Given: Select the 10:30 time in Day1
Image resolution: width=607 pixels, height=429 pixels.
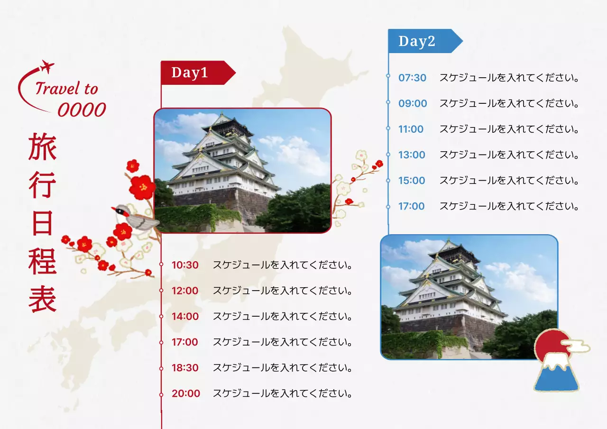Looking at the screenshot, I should pos(185,265).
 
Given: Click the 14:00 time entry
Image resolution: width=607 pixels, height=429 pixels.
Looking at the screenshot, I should pos(185,316).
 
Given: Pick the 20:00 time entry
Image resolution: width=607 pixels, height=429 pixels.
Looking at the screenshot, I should pos(185,393).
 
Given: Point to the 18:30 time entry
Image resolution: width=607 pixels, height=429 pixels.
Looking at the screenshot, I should pos(185,368).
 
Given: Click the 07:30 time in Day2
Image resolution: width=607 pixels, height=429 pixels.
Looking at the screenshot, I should pos(412,78).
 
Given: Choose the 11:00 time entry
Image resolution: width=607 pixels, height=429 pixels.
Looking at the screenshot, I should pos(411,129).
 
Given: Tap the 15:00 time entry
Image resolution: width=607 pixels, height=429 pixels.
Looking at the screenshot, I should pos(412,181).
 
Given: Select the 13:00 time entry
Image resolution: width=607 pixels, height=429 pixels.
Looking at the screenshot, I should pos(412,155).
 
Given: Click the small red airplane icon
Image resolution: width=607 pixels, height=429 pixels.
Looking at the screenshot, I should pos(47,67).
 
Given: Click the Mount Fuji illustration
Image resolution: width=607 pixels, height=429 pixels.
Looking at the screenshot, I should pos(556,374).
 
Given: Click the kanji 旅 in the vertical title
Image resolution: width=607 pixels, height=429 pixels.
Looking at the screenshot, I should pos(42,146).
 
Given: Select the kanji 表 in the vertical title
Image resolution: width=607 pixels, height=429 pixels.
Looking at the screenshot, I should pos(42,299).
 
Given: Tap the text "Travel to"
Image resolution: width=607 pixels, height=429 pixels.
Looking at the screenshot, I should pos(66,89).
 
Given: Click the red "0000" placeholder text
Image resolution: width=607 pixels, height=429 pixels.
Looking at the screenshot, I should pos(82,110).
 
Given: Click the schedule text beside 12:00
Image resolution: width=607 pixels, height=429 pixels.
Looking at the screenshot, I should pos(283,291).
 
